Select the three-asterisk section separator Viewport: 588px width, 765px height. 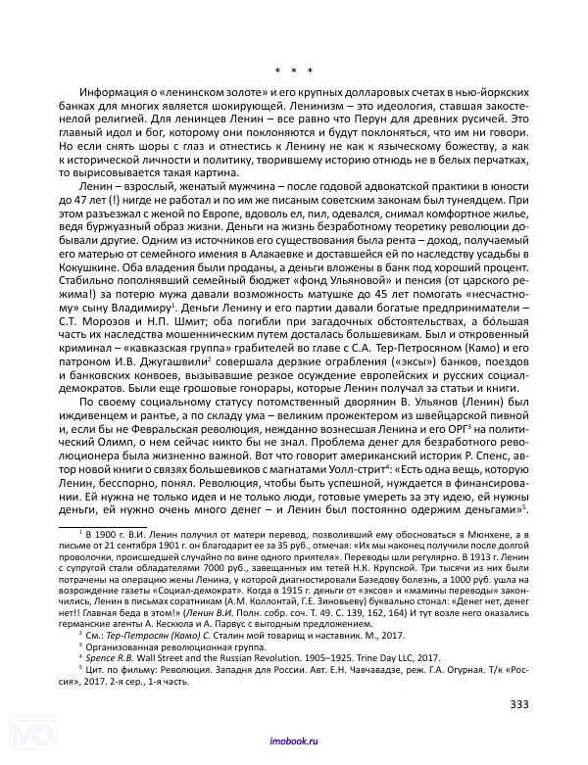coord(293,71)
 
